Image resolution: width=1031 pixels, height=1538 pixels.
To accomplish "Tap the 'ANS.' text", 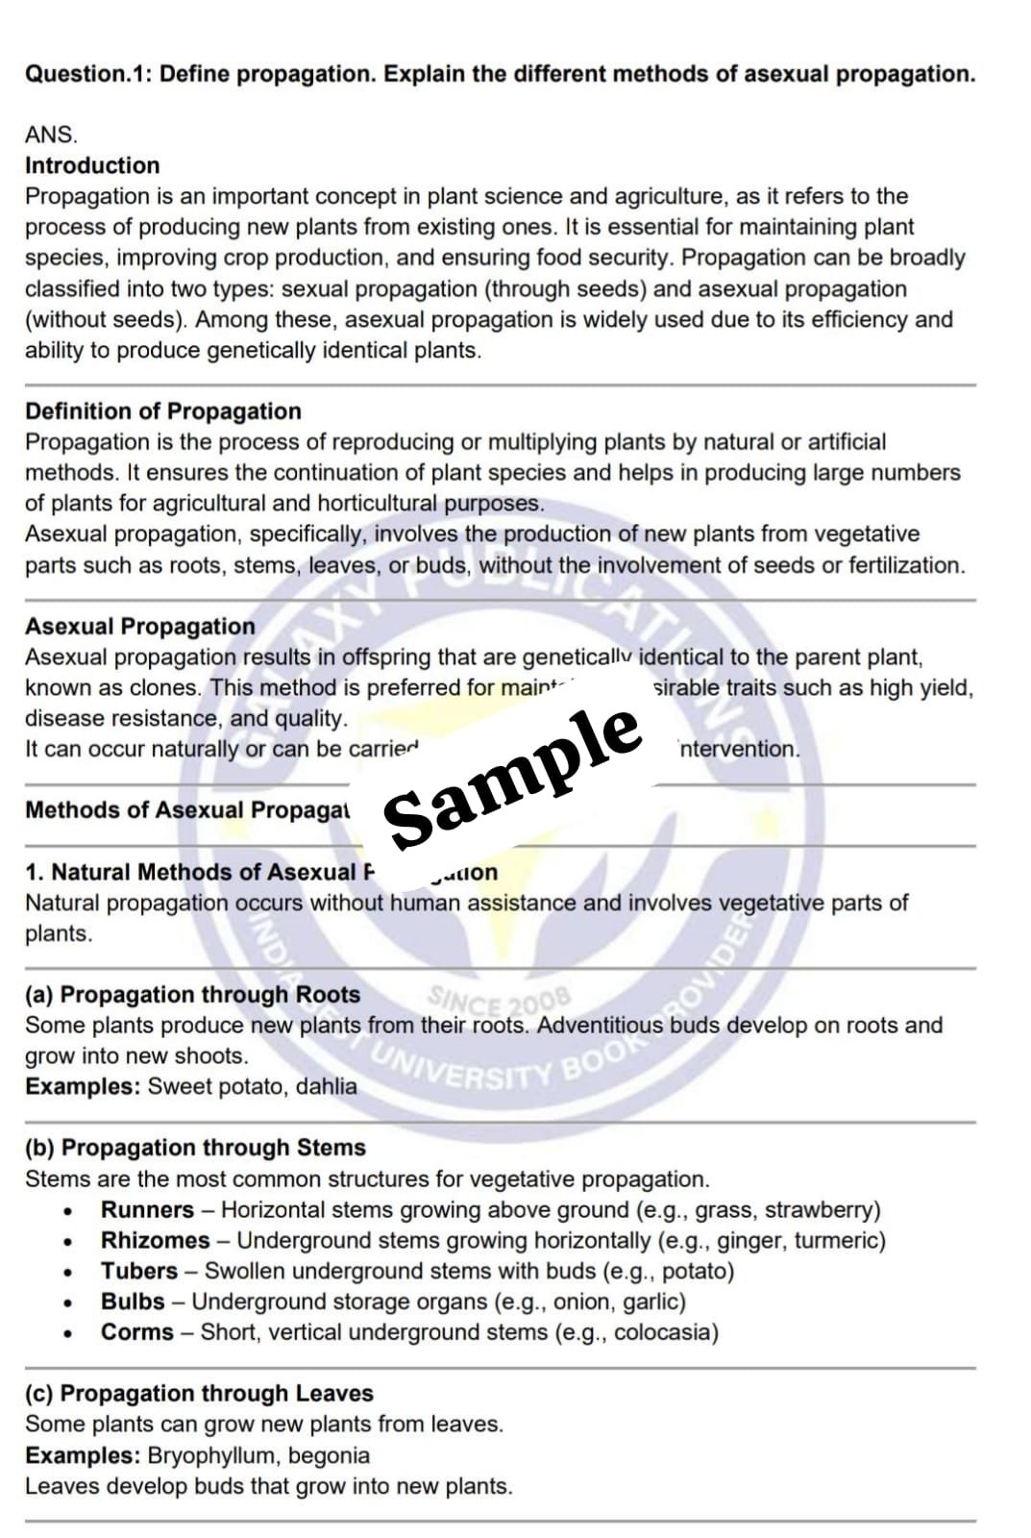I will point(51,135).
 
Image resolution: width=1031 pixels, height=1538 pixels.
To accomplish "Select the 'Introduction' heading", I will point(92,165).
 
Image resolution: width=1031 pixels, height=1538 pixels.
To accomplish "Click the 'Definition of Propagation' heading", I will point(163,411).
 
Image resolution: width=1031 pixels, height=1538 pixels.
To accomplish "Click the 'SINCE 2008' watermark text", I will point(499,1003).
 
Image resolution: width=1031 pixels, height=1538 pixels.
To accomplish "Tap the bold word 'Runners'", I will point(147,1209).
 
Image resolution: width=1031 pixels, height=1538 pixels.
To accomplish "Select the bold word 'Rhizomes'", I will point(155,1240).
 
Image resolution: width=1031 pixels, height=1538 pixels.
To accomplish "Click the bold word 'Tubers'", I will point(139,1271).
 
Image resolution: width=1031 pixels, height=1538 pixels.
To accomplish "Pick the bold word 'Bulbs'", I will point(133,1302).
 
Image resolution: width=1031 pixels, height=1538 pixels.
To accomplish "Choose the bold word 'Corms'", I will point(137,1332).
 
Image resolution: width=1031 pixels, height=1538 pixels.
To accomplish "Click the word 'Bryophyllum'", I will point(209,1455).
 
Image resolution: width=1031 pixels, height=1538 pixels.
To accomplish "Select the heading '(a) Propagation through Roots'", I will point(192,994).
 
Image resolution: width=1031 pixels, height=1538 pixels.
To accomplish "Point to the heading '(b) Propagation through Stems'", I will point(195,1148).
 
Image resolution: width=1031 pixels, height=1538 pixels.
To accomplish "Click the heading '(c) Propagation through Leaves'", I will point(199,1393).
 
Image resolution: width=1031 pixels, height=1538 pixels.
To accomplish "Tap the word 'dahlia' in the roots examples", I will point(326,1086).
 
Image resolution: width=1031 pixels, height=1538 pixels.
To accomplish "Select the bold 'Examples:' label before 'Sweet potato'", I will point(83,1086).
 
